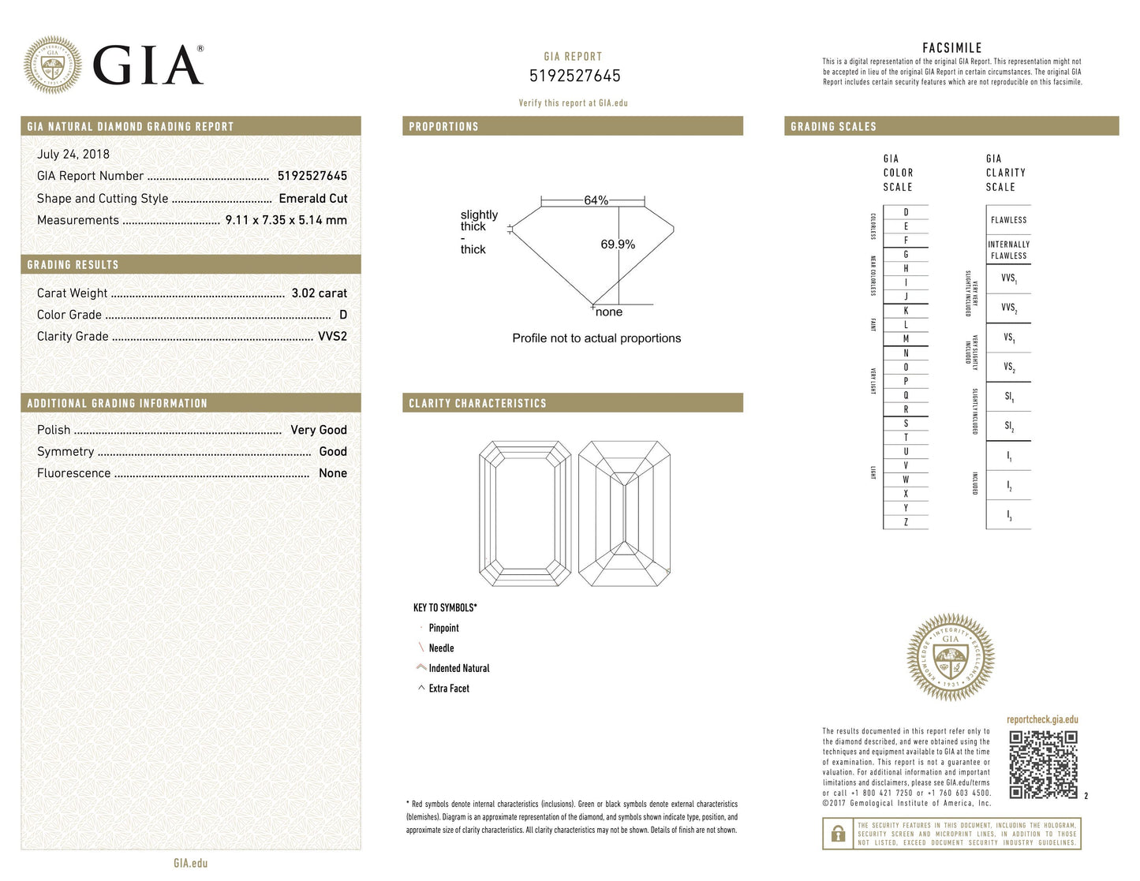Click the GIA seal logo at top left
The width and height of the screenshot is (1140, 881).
tap(52, 65)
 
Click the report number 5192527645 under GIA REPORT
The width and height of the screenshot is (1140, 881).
tap(574, 77)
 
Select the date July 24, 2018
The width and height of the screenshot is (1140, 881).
tap(73, 155)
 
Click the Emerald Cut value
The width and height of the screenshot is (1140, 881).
tap(312, 199)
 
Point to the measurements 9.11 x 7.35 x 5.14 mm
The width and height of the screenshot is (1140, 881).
tap(286, 220)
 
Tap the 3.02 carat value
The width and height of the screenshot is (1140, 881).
tap(319, 293)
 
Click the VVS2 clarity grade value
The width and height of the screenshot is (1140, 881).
tap(332, 336)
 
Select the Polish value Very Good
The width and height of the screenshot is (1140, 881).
tap(318, 430)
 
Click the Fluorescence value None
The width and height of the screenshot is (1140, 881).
tap(332, 473)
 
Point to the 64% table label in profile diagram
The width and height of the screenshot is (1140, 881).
tap(596, 200)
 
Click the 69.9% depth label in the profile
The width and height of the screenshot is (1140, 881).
tap(617, 245)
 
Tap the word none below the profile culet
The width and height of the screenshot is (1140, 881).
tap(609, 312)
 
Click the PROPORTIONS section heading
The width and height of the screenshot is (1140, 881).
tap(443, 127)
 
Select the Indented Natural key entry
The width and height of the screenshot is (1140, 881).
tap(458, 669)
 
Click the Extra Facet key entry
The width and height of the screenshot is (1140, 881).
tap(448, 689)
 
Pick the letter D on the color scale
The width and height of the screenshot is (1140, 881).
tap(906, 212)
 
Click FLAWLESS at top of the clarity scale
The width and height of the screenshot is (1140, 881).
tap(1008, 220)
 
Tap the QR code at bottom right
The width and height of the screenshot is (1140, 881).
tap(1043, 763)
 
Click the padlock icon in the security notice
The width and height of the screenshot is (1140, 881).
tap(838, 834)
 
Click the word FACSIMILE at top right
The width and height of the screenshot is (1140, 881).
tap(951, 48)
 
